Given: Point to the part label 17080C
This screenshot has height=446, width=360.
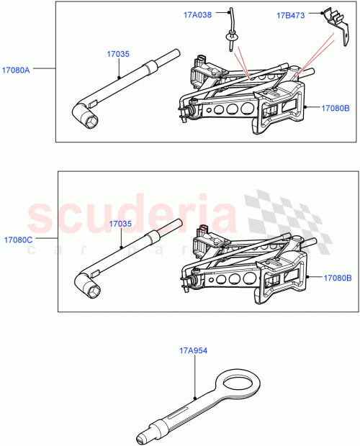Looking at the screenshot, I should [18, 238].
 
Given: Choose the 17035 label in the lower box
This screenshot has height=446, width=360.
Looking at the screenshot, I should [120, 224].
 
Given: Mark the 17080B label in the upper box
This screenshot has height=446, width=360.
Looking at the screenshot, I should [336, 108].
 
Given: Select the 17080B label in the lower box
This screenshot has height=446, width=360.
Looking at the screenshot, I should [336, 277].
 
